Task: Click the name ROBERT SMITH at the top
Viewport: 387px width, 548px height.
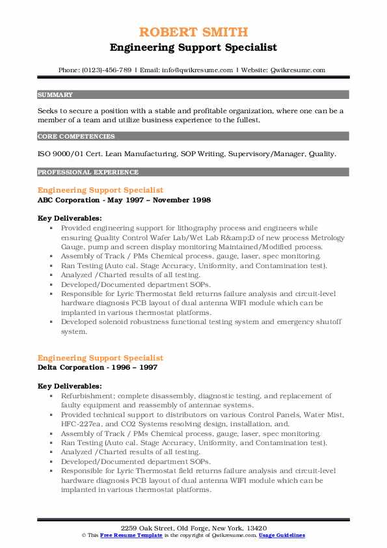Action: [x=193, y=32]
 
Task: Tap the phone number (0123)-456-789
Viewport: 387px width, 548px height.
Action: [x=106, y=70]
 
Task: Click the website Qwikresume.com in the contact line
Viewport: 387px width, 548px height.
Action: [x=296, y=70]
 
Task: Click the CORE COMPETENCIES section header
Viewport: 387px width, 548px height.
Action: [x=68, y=137]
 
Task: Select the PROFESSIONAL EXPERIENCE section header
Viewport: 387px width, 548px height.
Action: [x=79, y=172]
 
